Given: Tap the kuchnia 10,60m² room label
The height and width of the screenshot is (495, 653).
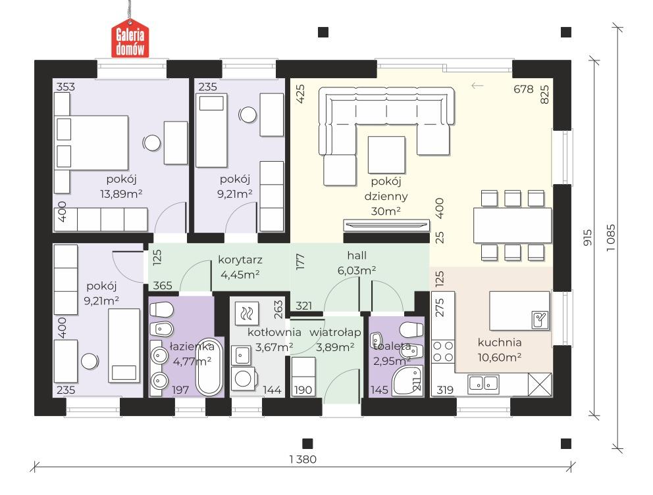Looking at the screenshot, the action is tap(500, 350).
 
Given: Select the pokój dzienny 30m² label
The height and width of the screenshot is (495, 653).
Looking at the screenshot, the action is tap(386, 196).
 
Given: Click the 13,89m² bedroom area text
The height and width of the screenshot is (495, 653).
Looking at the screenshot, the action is tap(121, 193).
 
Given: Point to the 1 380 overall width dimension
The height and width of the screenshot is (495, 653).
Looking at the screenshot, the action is tap(303, 460).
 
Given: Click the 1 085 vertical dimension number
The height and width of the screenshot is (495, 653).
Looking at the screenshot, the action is tap(610, 237).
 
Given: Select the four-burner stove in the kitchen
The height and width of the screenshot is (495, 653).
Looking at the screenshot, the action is tap(443, 352).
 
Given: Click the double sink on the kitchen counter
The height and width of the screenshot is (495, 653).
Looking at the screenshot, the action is tap(483, 384).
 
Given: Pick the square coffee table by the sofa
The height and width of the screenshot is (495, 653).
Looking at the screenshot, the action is tap(386, 154).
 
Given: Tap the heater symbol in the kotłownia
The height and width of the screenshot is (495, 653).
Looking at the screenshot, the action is tap(247, 313).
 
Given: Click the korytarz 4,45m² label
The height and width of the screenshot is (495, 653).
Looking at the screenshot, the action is tap(240, 267).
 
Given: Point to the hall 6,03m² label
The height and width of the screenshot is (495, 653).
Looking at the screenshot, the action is tap(357, 263).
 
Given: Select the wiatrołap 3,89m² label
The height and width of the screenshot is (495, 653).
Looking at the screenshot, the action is tap(335, 339).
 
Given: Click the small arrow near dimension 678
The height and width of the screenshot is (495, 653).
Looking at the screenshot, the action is tap(477, 85).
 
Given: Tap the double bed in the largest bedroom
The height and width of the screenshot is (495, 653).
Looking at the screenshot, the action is tap(92, 143).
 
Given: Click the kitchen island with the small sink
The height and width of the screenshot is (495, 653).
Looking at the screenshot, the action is tap(519, 311).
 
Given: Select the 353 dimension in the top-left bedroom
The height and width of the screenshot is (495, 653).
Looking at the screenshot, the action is tap(66, 87).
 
